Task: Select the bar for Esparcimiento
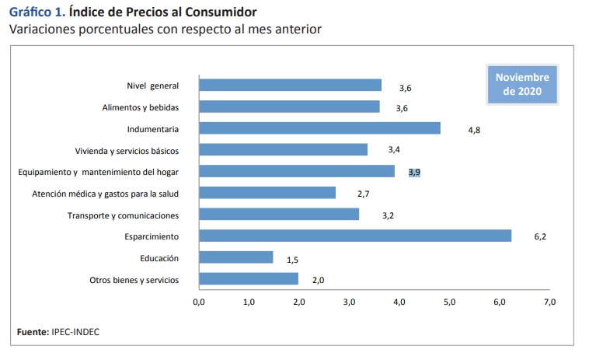(354, 236)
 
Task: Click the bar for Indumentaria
(319, 128)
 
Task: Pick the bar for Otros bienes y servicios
(249, 279)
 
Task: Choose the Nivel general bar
(290, 85)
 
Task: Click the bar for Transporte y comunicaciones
(279, 215)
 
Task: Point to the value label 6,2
(541, 236)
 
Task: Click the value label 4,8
(474, 130)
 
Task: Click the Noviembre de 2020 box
(521, 85)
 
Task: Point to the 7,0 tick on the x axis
(549, 301)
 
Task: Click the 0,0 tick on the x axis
(199, 301)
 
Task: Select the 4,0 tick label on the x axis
(399, 301)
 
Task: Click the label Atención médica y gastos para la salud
(106, 194)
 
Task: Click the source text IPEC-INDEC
(75, 332)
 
